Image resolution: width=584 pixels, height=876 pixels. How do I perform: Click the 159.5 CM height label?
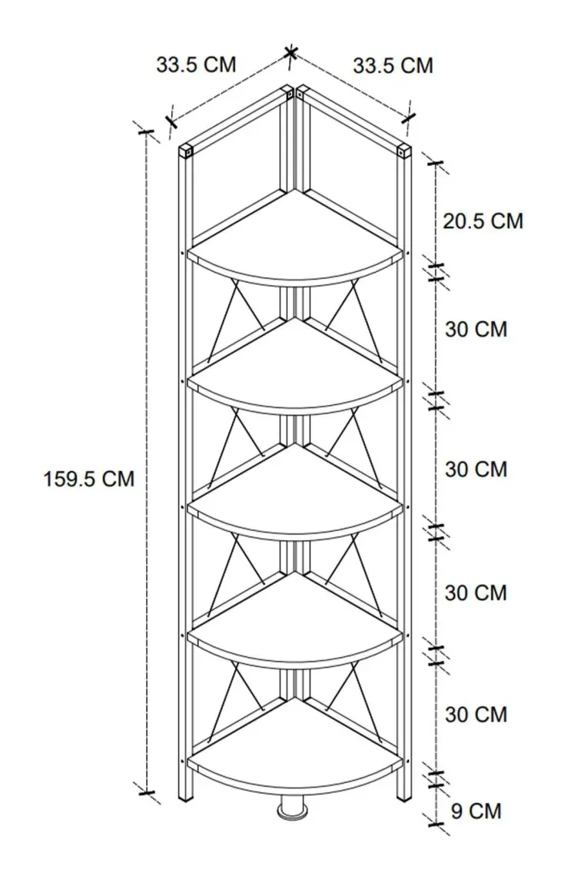coord(89,479)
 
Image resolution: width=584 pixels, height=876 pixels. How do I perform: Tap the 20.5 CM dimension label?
coord(483,221)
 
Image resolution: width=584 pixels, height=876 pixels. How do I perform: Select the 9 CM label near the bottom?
coord(476,811)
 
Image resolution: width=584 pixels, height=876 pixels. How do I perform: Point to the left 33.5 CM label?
coord(196,65)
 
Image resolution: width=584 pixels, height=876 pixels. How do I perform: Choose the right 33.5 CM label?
coord(393,65)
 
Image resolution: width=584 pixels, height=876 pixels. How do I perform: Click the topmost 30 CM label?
coord(476,330)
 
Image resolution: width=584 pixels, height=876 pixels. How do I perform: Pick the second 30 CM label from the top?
coord(476,469)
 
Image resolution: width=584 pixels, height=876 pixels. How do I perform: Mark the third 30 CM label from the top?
coord(476,593)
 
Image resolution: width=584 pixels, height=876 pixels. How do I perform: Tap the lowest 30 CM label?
coord(476,715)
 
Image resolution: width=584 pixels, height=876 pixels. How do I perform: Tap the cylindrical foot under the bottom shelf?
coord(293,808)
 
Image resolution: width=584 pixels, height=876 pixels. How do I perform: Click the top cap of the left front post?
coord(186,151)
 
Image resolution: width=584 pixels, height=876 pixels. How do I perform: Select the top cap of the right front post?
coord(404,151)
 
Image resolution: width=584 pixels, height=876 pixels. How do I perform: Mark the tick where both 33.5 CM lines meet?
coord(290,52)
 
